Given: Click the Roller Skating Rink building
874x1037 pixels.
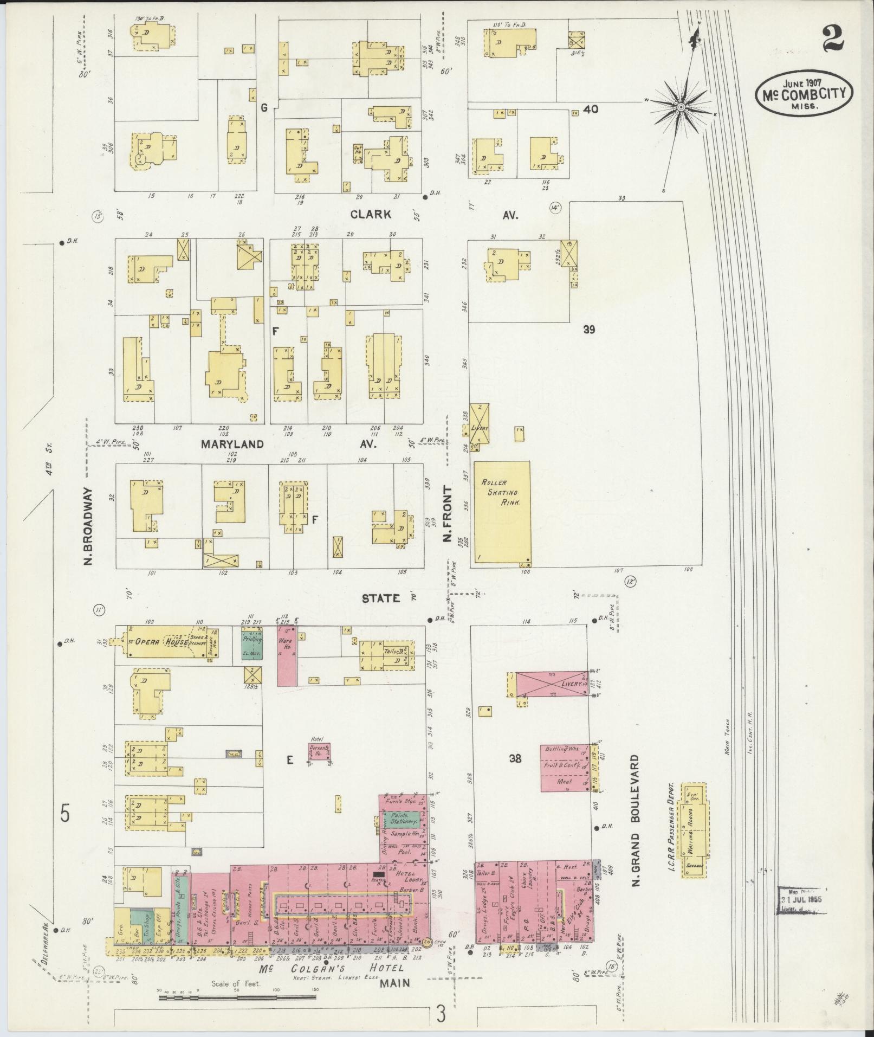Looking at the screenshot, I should [502, 512].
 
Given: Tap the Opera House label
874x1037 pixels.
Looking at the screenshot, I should [158, 642].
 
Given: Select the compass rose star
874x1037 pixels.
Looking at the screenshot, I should [681, 107].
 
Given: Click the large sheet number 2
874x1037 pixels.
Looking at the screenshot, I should [835, 38].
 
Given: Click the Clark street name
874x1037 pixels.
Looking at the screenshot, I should [371, 214].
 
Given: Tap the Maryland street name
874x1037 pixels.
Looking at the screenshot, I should [232, 444].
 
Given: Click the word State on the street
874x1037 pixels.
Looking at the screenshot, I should [381, 598].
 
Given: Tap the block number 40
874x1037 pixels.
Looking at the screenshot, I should [591, 109].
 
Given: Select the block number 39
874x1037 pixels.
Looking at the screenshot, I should [590, 329].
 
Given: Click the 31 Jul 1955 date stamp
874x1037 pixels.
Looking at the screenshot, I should [802, 899].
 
